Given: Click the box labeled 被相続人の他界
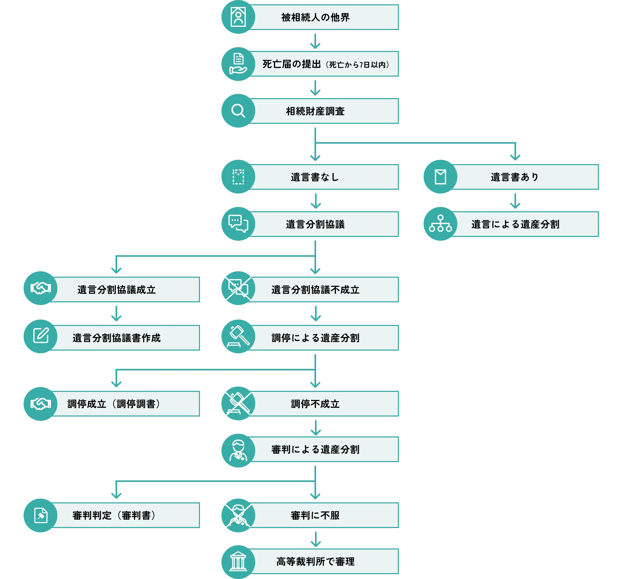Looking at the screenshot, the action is click(x=325, y=17).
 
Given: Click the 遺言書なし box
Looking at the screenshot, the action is click(x=325, y=177).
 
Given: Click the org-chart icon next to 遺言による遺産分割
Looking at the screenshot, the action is click(x=440, y=224).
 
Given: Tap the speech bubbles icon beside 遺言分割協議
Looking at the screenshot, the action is click(x=238, y=224).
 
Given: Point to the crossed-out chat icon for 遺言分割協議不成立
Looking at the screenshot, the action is click(x=238, y=288).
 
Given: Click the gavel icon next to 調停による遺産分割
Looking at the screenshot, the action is click(x=238, y=336).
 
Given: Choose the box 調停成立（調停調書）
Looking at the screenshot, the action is click(x=126, y=404).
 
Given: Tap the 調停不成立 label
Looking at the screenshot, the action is click(x=315, y=404).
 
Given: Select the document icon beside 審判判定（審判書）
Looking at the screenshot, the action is click(x=41, y=515).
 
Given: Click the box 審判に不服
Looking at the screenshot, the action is click(x=325, y=515).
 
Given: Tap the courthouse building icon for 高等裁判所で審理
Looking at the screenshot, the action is click(x=238, y=562).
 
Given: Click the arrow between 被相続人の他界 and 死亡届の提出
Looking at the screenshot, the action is click(x=315, y=41).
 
